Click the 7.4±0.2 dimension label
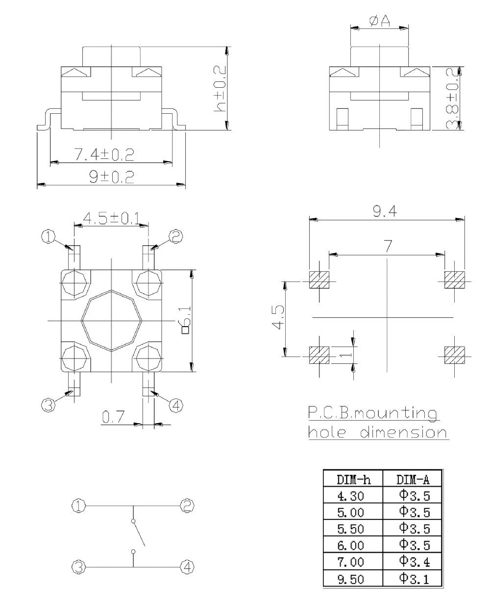click(x=104, y=154)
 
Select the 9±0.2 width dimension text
click(x=111, y=177)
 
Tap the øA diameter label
click(x=379, y=22)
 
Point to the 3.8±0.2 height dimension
click(x=453, y=99)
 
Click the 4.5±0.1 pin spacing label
click(x=112, y=219)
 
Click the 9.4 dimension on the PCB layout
click(x=385, y=211)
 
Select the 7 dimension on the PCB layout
click(x=388, y=246)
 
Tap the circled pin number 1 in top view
click(x=49, y=237)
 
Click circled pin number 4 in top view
click(x=176, y=406)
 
